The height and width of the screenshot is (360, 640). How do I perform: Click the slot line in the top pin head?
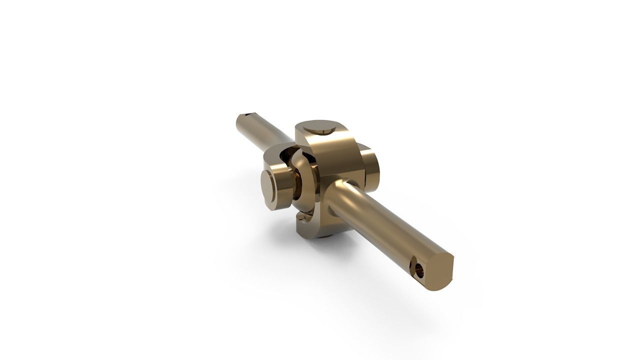324,131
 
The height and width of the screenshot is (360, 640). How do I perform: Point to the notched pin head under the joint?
306,216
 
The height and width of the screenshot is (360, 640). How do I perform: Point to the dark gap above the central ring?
289,156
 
